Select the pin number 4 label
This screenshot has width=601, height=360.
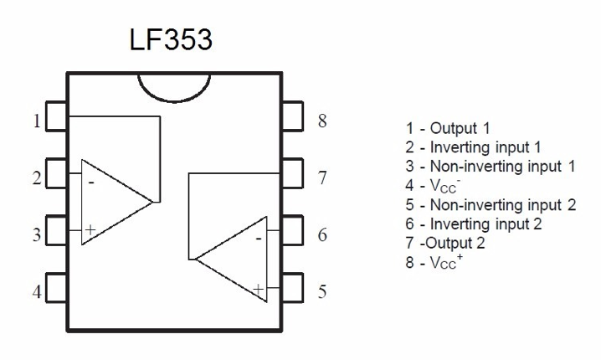36,293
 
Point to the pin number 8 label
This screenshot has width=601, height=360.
321,121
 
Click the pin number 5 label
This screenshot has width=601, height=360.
321,292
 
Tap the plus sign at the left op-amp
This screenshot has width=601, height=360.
90,229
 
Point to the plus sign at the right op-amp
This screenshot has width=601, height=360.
258,290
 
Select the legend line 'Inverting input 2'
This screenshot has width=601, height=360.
473,224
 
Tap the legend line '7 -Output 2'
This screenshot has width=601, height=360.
444,243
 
